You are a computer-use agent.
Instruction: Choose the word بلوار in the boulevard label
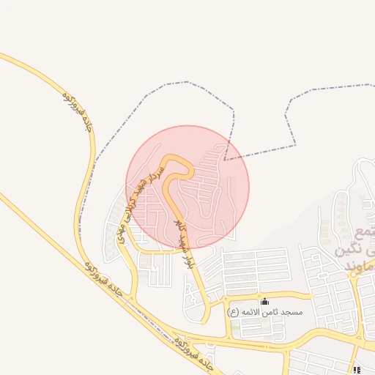point(190,262)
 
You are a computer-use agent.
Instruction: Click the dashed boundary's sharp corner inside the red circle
point(226,159)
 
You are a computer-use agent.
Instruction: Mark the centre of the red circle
point(187,187)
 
